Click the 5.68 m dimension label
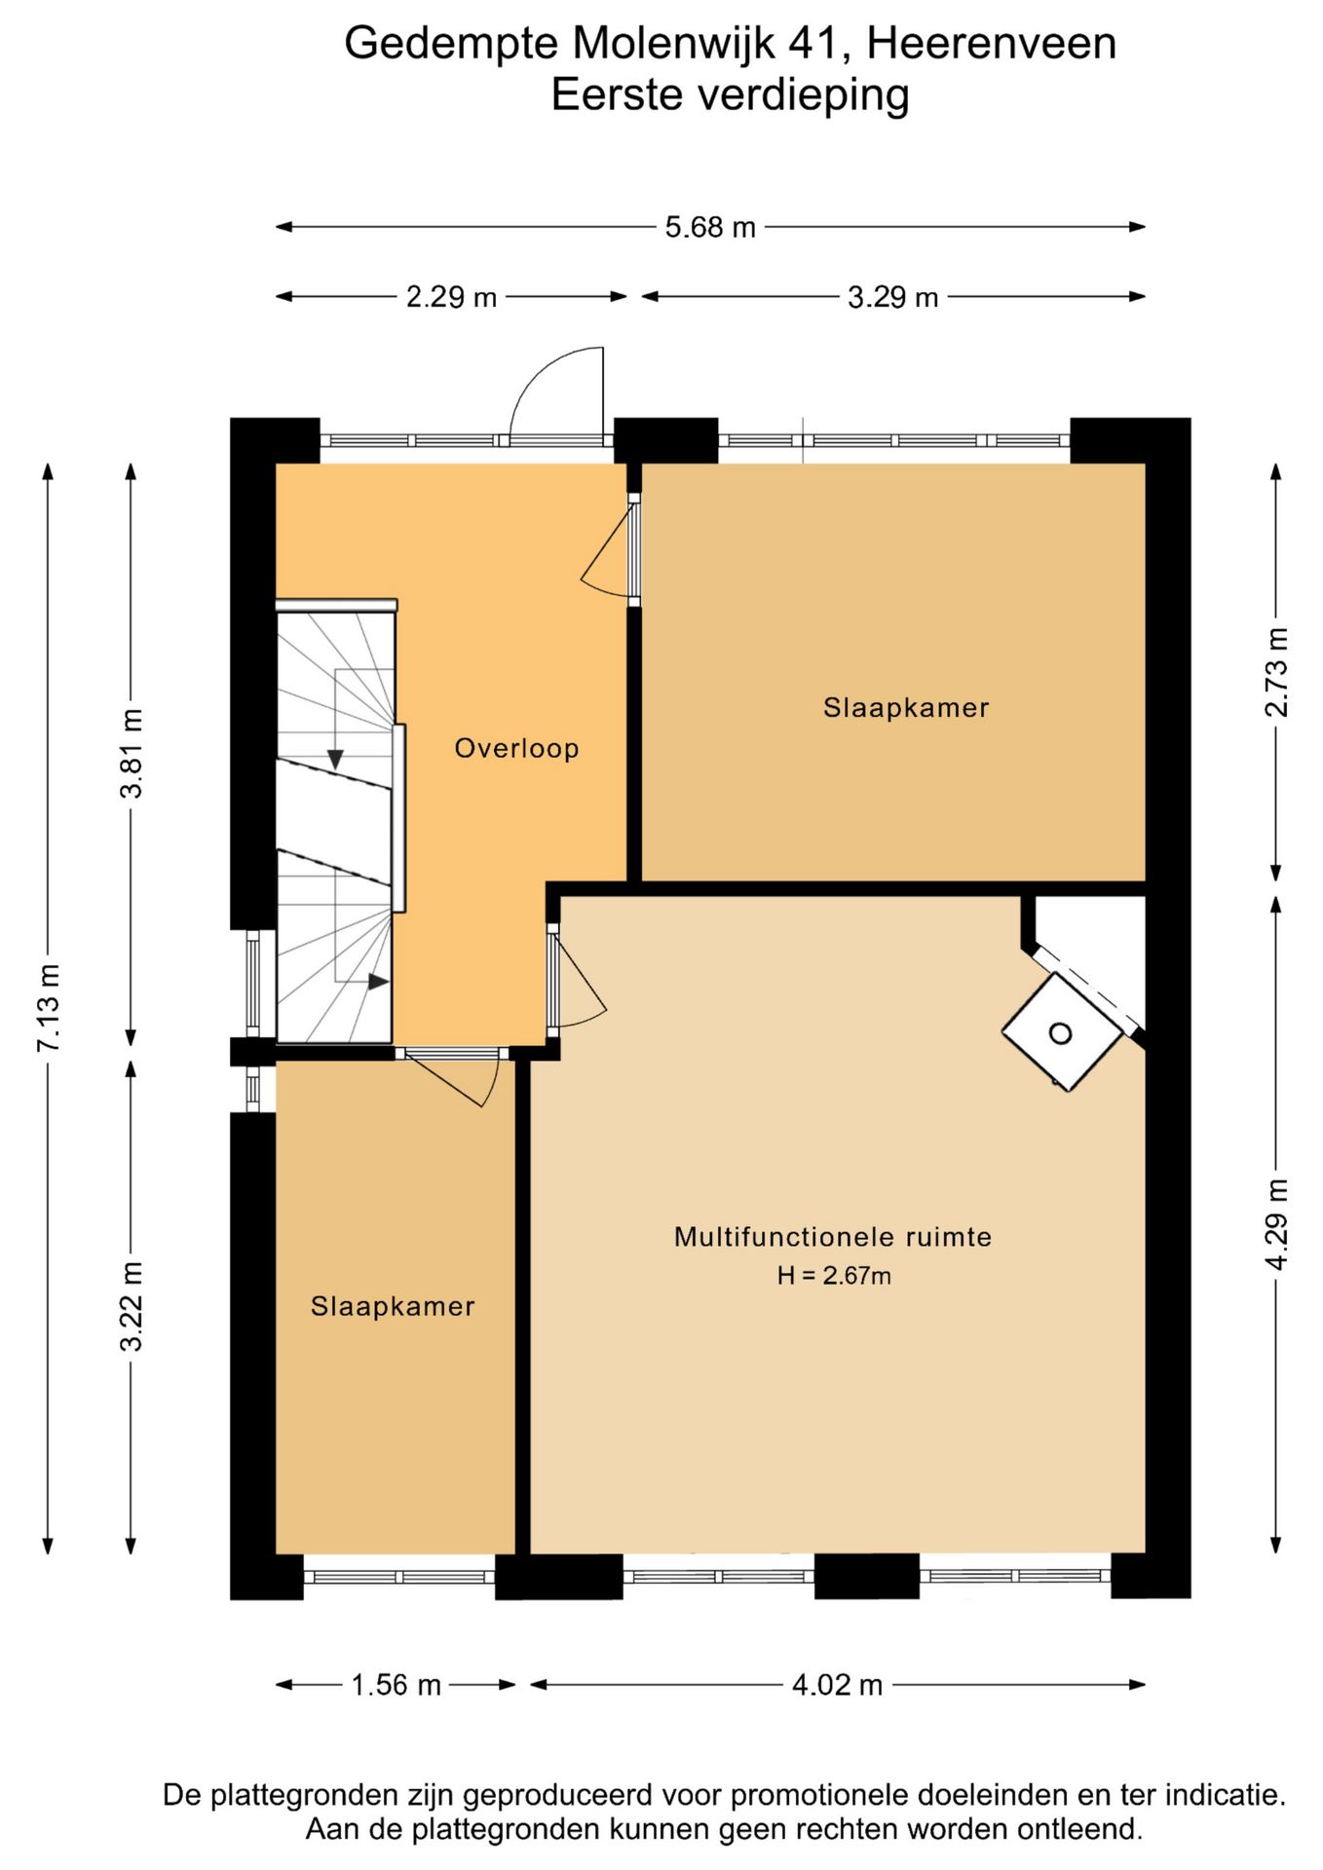coord(710,227)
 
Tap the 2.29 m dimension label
coord(451,296)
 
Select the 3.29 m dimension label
coord(892,296)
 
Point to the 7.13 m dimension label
coord(49,1007)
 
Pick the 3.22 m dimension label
coord(132,1306)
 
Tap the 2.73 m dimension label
coord(1276,672)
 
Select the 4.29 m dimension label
coord(1276,1224)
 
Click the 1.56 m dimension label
coord(396,1684)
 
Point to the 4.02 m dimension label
coord(837,1684)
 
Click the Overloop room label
coord(516,748)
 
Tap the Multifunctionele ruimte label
coord(833,1237)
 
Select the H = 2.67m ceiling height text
coord(834,1275)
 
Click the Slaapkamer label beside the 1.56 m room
coord(393,1306)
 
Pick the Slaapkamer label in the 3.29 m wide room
coord(906,707)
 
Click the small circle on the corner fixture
coord(1060,1033)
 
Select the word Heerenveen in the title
coord(991,43)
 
